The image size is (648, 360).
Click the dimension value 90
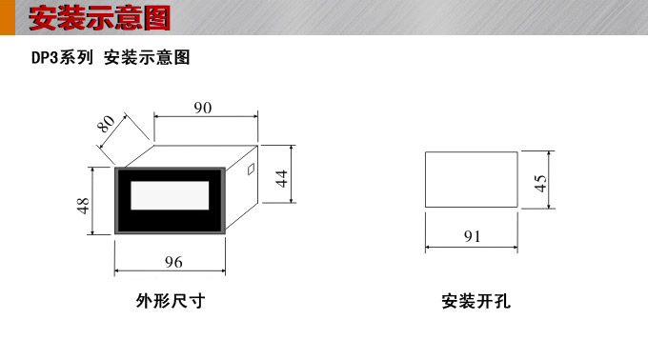point(202,108)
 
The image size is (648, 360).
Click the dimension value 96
point(172,262)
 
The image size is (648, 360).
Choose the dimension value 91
point(473,236)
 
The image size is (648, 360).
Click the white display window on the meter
point(170,196)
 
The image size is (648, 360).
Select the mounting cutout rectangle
point(471,181)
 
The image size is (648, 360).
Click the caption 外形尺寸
point(171,303)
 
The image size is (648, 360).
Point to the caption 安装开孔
point(476,303)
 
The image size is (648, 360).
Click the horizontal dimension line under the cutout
point(471,248)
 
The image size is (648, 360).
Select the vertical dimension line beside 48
point(93,200)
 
